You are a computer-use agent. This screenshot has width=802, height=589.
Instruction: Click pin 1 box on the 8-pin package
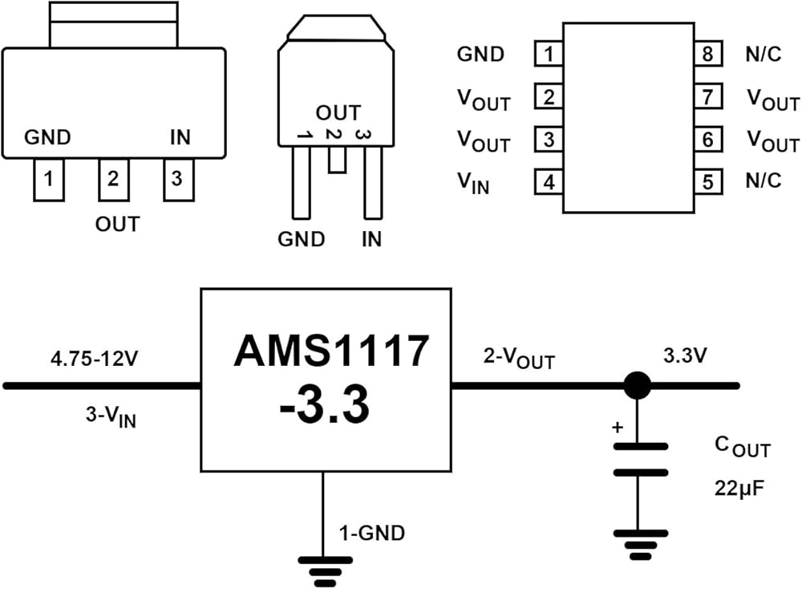(x=549, y=55)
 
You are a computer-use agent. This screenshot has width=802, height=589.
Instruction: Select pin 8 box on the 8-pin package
(x=708, y=55)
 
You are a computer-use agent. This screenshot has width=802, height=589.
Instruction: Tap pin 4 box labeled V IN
(x=549, y=182)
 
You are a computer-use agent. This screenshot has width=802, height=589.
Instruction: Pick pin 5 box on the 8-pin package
(x=708, y=182)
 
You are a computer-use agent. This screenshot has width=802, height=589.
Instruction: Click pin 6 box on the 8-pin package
(x=708, y=140)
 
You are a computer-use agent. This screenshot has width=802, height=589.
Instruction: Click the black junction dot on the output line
(x=638, y=386)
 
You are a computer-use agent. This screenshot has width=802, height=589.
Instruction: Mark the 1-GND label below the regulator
(x=371, y=532)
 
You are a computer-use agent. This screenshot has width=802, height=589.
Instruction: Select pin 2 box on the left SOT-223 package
(x=113, y=180)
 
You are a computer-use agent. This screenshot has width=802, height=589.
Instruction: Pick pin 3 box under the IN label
(x=177, y=180)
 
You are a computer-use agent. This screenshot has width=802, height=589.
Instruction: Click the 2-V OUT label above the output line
(x=519, y=359)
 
